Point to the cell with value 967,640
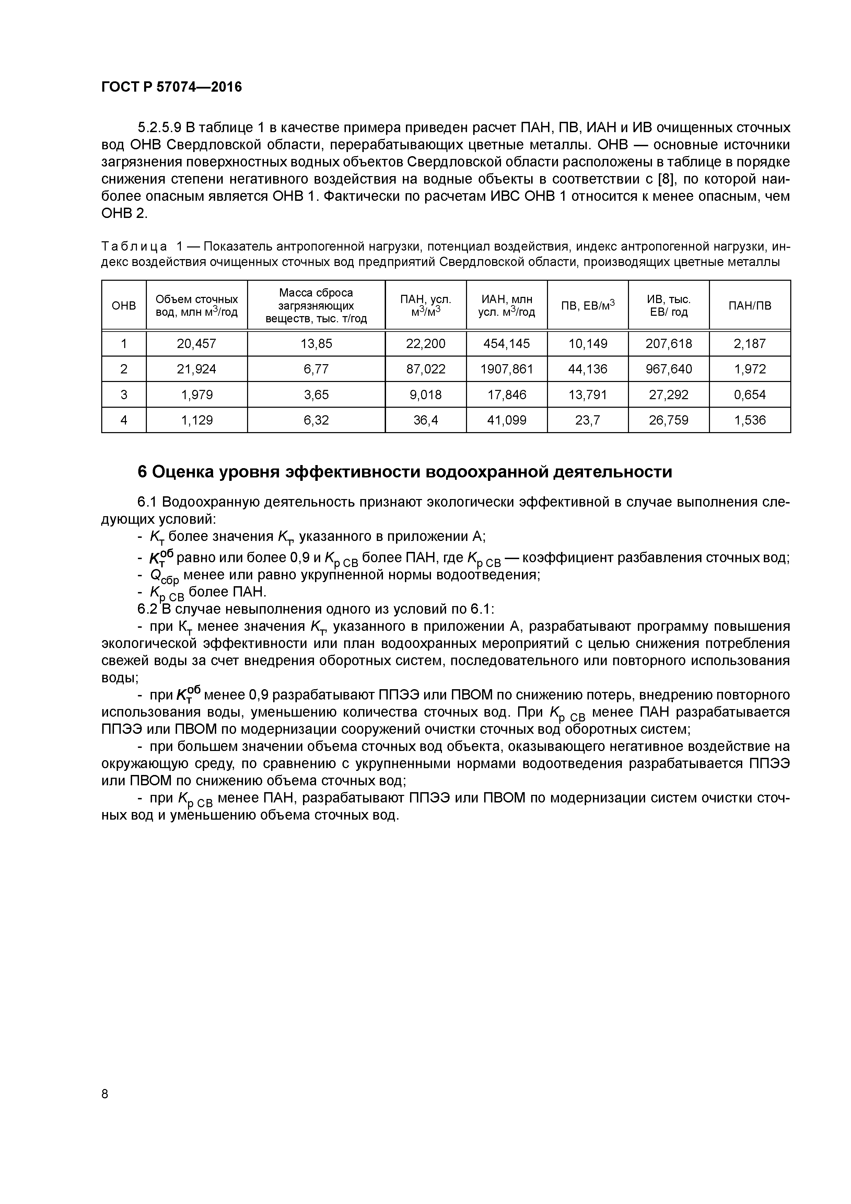(x=668, y=369)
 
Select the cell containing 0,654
(x=749, y=395)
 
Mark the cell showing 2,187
(x=749, y=344)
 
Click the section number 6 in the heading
(x=142, y=472)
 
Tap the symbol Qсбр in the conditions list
(x=164, y=576)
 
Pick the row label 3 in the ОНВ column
(x=124, y=395)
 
